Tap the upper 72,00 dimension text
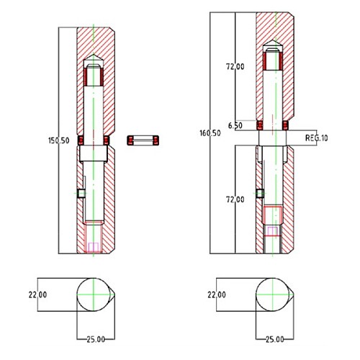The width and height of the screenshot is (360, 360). (x=235, y=66)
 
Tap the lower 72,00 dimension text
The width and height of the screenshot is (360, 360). (x=235, y=199)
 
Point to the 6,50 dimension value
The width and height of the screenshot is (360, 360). (x=234, y=125)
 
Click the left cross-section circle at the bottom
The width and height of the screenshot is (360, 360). (x=94, y=295)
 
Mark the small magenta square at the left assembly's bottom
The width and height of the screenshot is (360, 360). (x=94, y=247)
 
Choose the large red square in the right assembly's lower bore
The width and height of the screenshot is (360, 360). (x=271, y=215)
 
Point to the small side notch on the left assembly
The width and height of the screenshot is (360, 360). (x=81, y=193)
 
